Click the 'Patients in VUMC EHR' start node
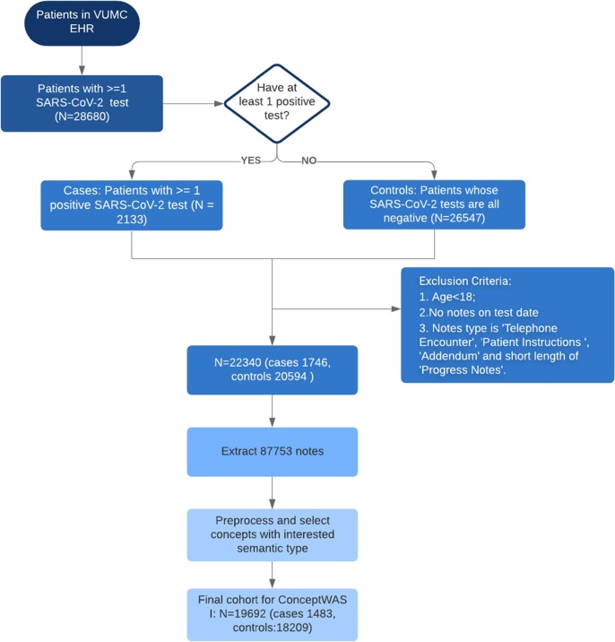[82, 22]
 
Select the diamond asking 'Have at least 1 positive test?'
[277, 104]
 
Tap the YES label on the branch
[251, 160]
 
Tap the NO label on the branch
[308, 160]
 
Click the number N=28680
[82, 117]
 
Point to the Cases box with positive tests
[132, 205]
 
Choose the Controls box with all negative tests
[434, 204]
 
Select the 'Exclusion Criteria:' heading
[464, 281]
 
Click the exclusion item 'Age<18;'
[454, 297]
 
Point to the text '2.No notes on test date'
[478, 312]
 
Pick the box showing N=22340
[273, 370]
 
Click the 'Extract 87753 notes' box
[273, 452]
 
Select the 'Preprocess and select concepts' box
[273, 534]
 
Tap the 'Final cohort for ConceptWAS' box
[273, 614]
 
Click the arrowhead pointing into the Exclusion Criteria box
[396, 308]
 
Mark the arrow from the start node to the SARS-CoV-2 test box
[82, 61]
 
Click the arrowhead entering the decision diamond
[219, 104]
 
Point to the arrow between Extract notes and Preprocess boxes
[273, 492]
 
